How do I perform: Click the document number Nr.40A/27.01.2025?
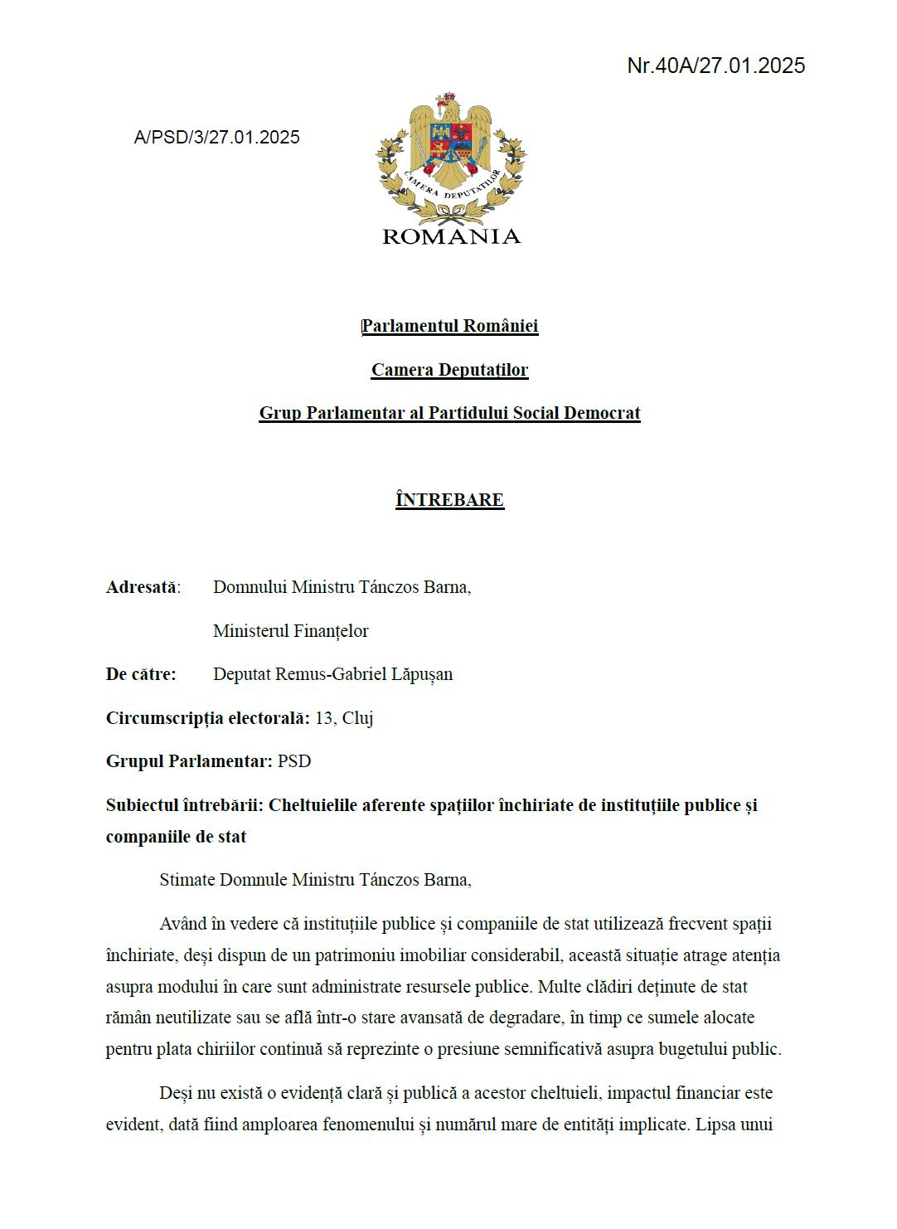(x=715, y=66)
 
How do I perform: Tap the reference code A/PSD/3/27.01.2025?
(x=217, y=138)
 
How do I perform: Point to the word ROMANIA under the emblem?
(x=451, y=237)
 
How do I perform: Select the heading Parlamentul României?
(x=450, y=326)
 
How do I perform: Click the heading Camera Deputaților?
(x=449, y=370)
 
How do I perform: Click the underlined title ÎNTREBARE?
(x=450, y=500)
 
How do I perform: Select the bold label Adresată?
(x=141, y=587)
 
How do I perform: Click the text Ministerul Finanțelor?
(x=291, y=631)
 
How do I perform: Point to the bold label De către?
(x=141, y=674)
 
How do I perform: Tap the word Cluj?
(x=357, y=718)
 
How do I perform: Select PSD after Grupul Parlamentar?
(x=294, y=761)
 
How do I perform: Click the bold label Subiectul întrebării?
(x=185, y=805)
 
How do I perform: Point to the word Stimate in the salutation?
(x=187, y=880)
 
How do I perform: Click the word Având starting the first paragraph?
(x=182, y=924)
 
